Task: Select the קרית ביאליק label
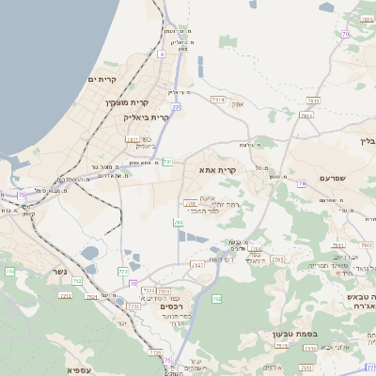click(x=146, y=117)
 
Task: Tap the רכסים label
click(x=170, y=306)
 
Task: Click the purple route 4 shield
click(x=161, y=55)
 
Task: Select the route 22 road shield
click(x=175, y=107)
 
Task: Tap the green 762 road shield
click(x=217, y=299)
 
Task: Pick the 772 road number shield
click(x=122, y=271)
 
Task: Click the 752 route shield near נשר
click(x=77, y=280)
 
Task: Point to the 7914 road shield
click(x=218, y=98)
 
